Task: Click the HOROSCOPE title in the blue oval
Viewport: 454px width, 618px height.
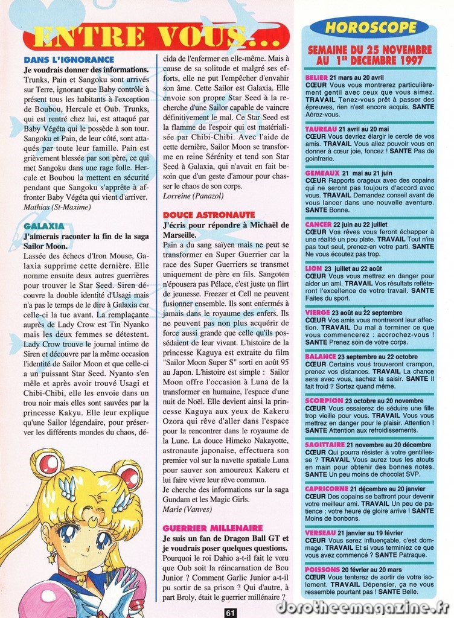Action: click(x=371, y=27)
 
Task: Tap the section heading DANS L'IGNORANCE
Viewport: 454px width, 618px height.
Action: click(x=68, y=60)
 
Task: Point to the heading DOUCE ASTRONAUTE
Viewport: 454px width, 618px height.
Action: click(x=209, y=214)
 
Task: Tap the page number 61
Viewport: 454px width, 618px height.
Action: click(x=229, y=613)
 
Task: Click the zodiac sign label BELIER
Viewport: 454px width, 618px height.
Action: click(x=316, y=78)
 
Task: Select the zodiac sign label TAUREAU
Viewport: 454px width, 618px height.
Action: click(x=321, y=129)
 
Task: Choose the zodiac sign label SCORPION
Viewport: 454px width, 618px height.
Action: click(x=324, y=400)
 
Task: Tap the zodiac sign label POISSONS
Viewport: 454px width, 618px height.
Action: click(x=322, y=569)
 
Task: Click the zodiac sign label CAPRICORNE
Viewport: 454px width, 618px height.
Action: click(x=327, y=489)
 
